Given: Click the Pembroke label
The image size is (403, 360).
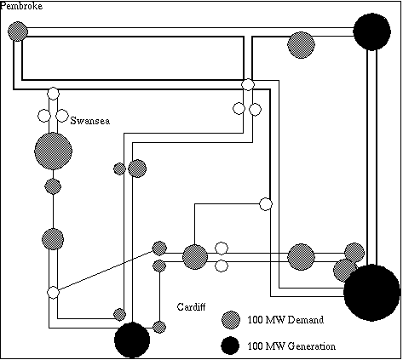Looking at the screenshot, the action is (21, 6).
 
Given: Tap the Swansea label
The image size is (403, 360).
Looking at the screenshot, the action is (90, 121).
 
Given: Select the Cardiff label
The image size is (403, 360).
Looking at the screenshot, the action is (191, 306).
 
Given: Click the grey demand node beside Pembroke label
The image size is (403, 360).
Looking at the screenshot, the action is (18, 31).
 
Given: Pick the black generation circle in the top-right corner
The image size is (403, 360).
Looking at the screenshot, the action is (371, 31).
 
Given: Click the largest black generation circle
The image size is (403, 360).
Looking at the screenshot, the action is (371, 293).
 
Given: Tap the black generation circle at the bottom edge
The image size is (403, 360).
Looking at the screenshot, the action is (132, 340).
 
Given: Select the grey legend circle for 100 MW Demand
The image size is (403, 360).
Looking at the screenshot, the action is (231, 320).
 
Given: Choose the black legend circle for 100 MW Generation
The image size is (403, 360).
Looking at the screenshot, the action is (230, 346).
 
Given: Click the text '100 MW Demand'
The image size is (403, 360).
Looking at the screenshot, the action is (285, 320).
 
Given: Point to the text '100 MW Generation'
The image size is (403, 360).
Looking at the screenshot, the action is (291, 346).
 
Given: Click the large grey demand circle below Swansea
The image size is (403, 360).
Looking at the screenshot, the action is (53, 151).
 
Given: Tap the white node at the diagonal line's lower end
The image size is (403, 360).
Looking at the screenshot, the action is (53, 293).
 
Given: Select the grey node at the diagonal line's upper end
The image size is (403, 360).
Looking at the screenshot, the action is (159, 249).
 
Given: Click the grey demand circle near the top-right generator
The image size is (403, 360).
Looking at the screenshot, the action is (301, 45).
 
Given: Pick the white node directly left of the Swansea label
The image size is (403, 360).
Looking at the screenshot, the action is (62, 116).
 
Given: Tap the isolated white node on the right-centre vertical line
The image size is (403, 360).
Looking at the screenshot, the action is (266, 204).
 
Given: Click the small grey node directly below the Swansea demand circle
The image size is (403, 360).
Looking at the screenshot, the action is (53, 186).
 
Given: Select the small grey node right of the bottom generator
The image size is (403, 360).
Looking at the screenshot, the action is (159, 327).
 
